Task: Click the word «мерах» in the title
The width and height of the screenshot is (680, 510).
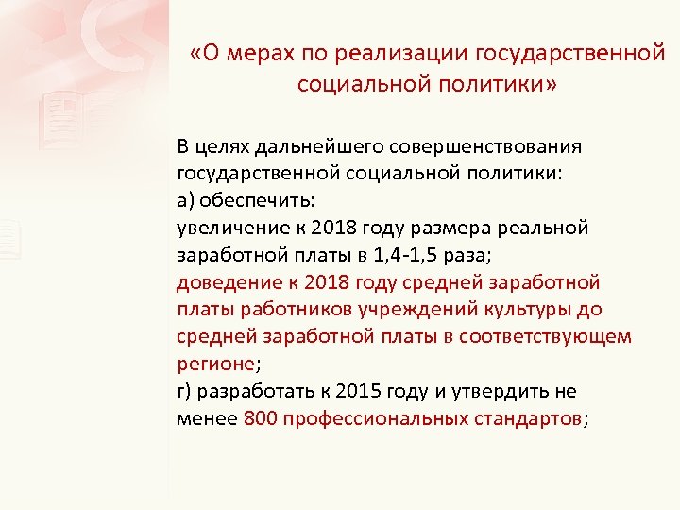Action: pos(256,54)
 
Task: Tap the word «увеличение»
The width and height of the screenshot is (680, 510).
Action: pos(228,229)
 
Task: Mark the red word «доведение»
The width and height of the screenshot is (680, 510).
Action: pos(223,283)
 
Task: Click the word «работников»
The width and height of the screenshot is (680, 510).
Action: pos(279,311)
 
